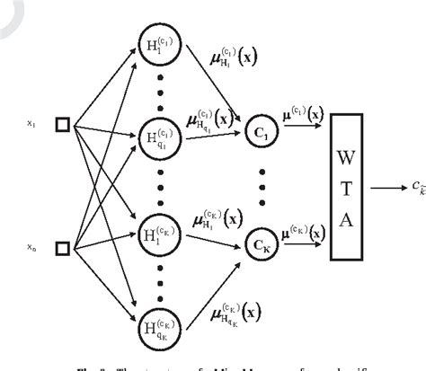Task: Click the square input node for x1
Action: click(62, 126)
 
